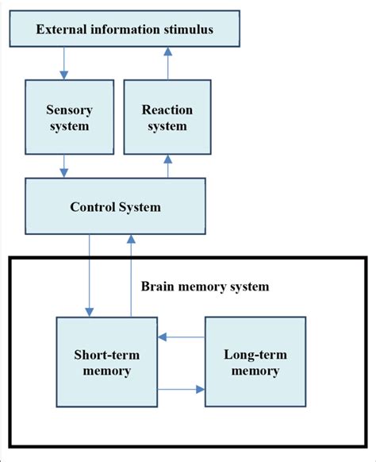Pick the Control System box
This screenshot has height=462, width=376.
click(x=116, y=207)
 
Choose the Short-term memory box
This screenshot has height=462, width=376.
click(x=107, y=361)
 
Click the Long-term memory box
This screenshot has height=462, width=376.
click(x=255, y=361)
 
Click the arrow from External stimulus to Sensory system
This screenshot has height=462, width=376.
click(x=64, y=61)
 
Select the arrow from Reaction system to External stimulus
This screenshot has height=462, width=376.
click(x=167, y=61)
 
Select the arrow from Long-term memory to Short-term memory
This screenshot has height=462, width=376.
click(x=181, y=337)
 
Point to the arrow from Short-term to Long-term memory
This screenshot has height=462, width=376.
click(x=181, y=389)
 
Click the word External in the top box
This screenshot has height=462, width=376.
click(x=63, y=30)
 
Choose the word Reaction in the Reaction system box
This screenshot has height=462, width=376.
click(x=167, y=110)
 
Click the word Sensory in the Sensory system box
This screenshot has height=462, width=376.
click(x=64, y=110)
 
